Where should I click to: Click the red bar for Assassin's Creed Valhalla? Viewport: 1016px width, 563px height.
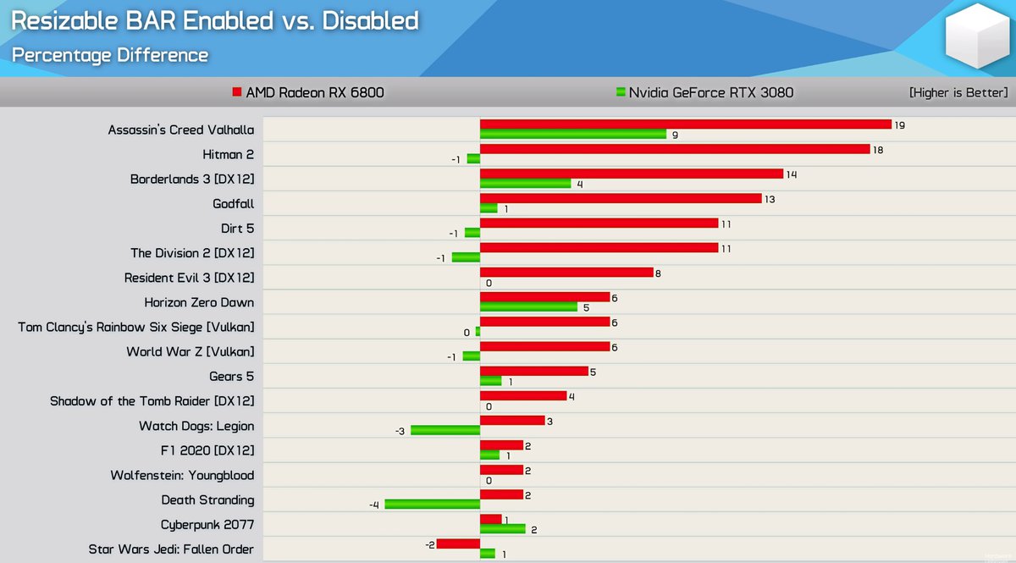pyautogui.click(x=685, y=124)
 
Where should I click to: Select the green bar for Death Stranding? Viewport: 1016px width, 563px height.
pyautogui.click(x=432, y=504)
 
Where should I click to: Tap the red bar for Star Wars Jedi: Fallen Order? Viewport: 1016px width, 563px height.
pyautogui.click(x=458, y=544)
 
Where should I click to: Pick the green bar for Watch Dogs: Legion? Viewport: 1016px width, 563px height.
pyautogui.click(x=445, y=430)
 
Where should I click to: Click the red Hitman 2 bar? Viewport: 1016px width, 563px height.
pyautogui.click(x=675, y=149)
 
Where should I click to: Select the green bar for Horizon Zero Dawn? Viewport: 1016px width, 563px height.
pyautogui.click(x=528, y=306)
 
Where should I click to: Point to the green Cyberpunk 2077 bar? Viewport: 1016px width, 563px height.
pyautogui.click(x=502, y=529)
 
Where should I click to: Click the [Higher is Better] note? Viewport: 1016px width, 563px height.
pyautogui.click(x=958, y=92)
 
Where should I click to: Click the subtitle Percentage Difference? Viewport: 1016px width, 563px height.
pyautogui.click(x=110, y=55)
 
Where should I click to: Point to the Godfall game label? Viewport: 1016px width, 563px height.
pyautogui.click(x=233, y=204)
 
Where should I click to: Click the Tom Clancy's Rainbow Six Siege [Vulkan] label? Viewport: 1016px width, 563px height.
pyautogui.click(x=136, y=327)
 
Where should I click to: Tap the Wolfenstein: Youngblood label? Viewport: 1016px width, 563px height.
pyautogui.click(x=182, y=475)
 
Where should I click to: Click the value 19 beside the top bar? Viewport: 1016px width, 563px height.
pyautogui.click(x=900, y=124)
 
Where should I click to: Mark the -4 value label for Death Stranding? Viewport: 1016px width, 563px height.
pyautogui.click(x=373, y=505)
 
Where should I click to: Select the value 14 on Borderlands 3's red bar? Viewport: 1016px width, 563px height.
pyautogui.click(x=792, y=174)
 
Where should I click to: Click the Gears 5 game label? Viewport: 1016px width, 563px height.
pyautogui.click(x=231, y=376)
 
